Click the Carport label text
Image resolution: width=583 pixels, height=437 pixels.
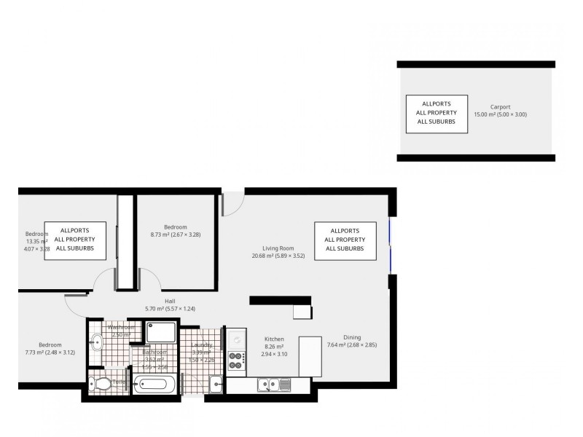[x=500, y=107]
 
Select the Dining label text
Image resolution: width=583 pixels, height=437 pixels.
[x=352, y=337]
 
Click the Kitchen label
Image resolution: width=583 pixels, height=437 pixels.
[x=274, y=339]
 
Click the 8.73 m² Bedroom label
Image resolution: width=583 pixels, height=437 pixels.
[x=175, y=227]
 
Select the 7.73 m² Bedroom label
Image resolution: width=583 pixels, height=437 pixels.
[x=50, y=345]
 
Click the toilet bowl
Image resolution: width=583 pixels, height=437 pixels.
[x=100, y=383]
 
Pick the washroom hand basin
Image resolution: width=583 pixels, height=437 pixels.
[x=96, y=340]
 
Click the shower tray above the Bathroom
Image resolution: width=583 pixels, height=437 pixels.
[x=160, y=333]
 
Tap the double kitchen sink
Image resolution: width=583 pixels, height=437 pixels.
[x=274, y=385]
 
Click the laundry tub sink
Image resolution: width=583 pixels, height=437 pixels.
[x=216, y=384]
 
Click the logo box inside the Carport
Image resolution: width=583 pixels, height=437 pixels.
[x=437, y=113]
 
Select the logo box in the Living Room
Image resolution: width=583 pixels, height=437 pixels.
[x=345, y=240]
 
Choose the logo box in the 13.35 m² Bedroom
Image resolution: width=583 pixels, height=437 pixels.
[x=74, y=240]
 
